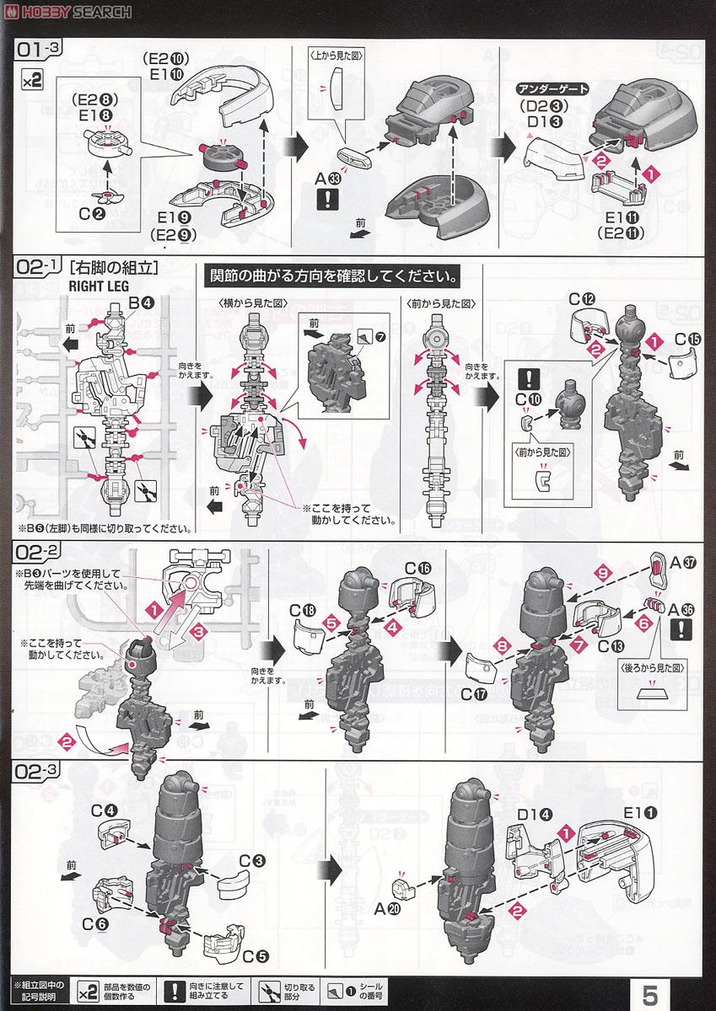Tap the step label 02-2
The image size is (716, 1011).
point(38,552)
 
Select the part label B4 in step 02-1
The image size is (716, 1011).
point(140,303)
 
